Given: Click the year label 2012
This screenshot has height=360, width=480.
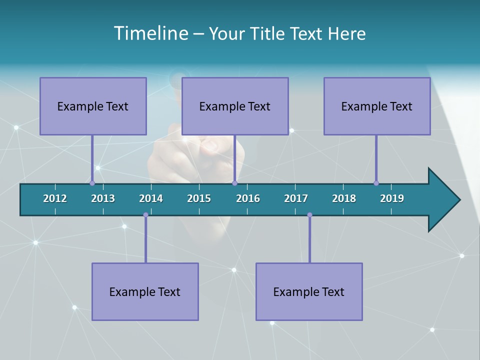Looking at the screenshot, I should [x=55, y=198].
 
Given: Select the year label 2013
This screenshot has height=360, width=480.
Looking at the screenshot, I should [x=103, y=198].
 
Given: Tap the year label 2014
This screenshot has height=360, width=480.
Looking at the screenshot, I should [x=151, y=198].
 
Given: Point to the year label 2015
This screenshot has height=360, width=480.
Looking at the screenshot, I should [x=199, y=198].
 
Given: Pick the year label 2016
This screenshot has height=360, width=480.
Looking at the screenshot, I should [x=248, y=198].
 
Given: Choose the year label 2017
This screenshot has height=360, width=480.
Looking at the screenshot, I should [x=296, y=198].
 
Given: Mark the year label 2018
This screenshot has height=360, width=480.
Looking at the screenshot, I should [x=344, y=198].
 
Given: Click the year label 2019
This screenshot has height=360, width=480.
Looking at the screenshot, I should [x=392, y=198].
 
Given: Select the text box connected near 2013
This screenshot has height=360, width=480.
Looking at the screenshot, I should [x=93, y=106].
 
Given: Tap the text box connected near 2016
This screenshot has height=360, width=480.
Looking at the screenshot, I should [x=235, y=106].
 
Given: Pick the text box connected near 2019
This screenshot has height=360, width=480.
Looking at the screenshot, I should [x=377, y=106].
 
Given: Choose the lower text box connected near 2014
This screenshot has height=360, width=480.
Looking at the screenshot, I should [x=145, y=291].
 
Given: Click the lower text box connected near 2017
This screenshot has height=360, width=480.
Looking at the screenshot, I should [x=309, y=291].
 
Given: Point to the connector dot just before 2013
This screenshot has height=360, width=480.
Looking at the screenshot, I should [x=92, y=183].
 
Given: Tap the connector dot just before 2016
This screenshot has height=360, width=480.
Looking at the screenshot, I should [x=234, y=183].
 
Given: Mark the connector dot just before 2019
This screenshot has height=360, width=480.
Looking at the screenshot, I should [x=376, y=183].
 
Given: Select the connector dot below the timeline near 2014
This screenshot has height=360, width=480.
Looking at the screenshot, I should [x=145, y=215].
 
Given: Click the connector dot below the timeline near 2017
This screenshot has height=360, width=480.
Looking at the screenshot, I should [x=309, y=215].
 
